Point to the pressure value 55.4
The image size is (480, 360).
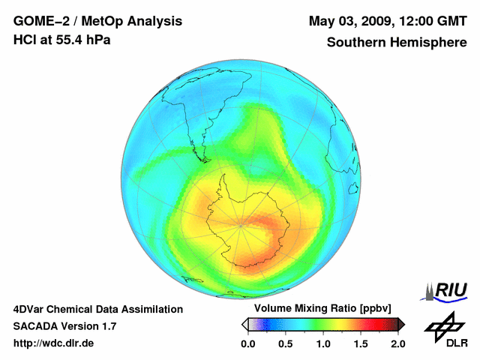pyautogui.click(x=69, y=40)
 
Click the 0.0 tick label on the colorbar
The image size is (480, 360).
pyautogui.click(x=247, y=343)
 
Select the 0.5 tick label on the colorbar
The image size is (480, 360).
pyautogui.click(x=285, y=343)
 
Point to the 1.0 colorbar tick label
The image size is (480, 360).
pyautogui.click(x=322, y=343)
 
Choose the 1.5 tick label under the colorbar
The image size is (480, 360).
pyautogui.click(x=360, y=343)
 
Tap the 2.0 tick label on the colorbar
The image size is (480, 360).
pyautogui.click(x=397, y=343)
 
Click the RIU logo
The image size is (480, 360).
pyautogui.click(x=448, y=291)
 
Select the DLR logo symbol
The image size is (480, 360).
pyautogui.click(x=442, y=325)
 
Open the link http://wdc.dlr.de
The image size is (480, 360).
pyautogui.click(x=54, y=343)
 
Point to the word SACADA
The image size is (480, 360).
pyautogui.click(x=38, y=326)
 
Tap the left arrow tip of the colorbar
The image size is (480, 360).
pyautogui.click(x=244, y=324)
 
